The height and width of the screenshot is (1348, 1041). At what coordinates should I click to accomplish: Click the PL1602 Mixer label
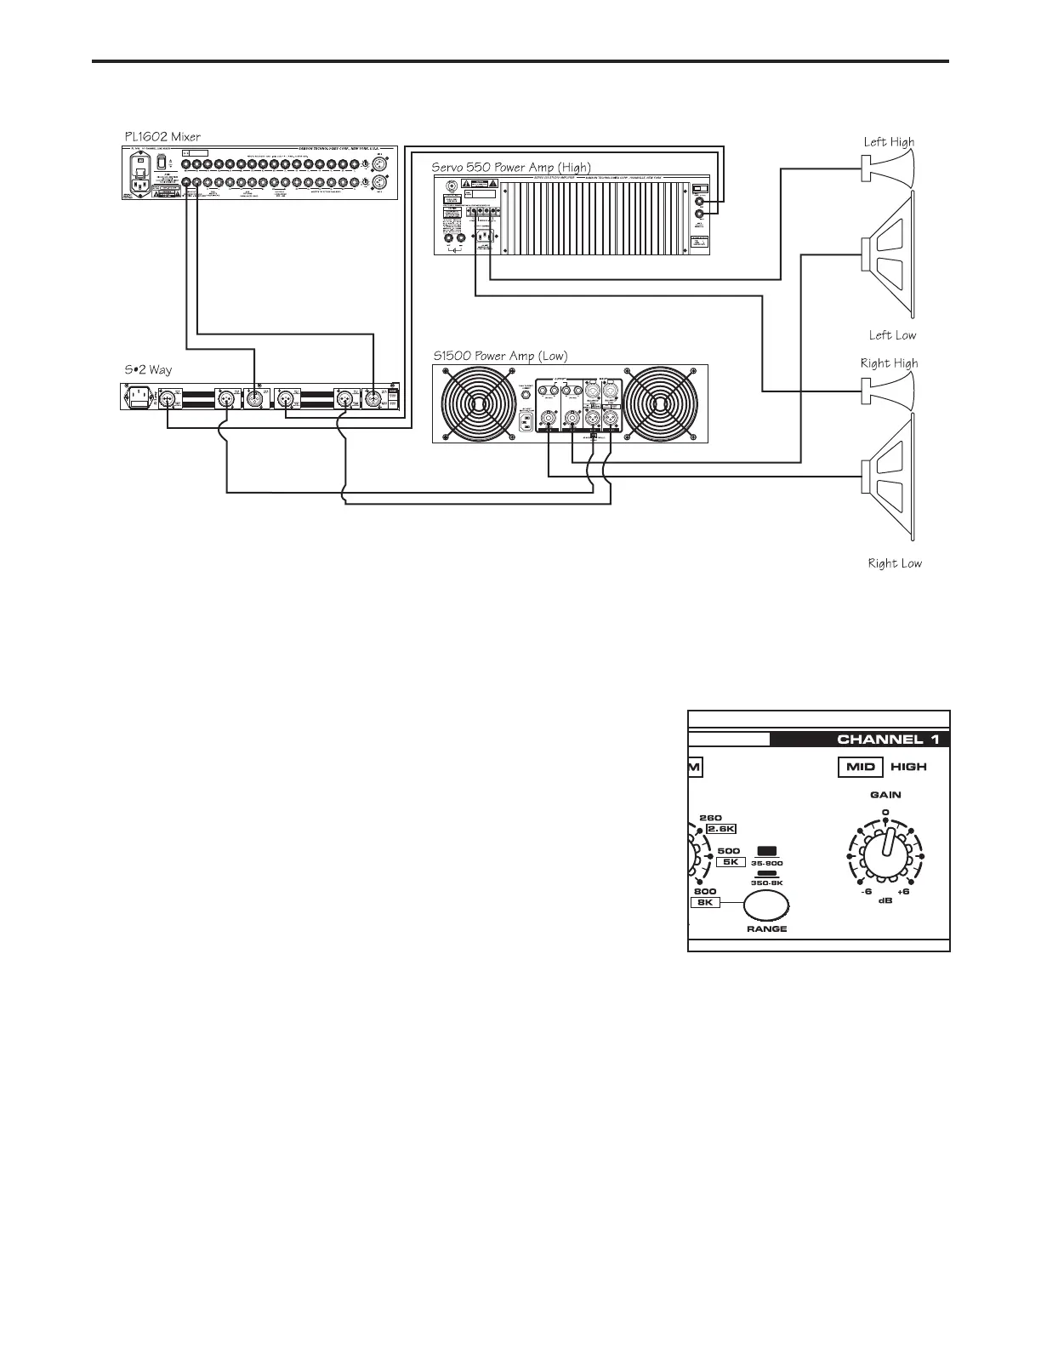162,136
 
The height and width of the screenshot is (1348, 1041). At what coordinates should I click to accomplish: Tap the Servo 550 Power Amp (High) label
510,167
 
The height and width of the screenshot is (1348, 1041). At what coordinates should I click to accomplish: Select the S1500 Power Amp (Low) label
500,356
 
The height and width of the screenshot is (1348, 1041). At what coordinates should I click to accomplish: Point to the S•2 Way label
148,370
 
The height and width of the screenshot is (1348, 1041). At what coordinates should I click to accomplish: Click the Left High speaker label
889,142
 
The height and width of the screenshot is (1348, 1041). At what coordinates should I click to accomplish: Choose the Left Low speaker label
892,335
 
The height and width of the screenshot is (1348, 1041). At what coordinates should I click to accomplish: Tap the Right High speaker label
889,363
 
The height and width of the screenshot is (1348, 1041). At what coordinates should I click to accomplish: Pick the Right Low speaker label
894,563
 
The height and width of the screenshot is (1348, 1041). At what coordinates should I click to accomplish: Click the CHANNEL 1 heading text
888,739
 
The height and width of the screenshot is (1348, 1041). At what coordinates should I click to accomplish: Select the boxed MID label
861,767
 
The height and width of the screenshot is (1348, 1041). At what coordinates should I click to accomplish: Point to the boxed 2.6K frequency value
721,830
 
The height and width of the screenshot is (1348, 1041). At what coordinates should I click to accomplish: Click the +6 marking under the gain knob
903,892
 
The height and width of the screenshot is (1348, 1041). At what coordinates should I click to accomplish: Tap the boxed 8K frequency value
705,902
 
